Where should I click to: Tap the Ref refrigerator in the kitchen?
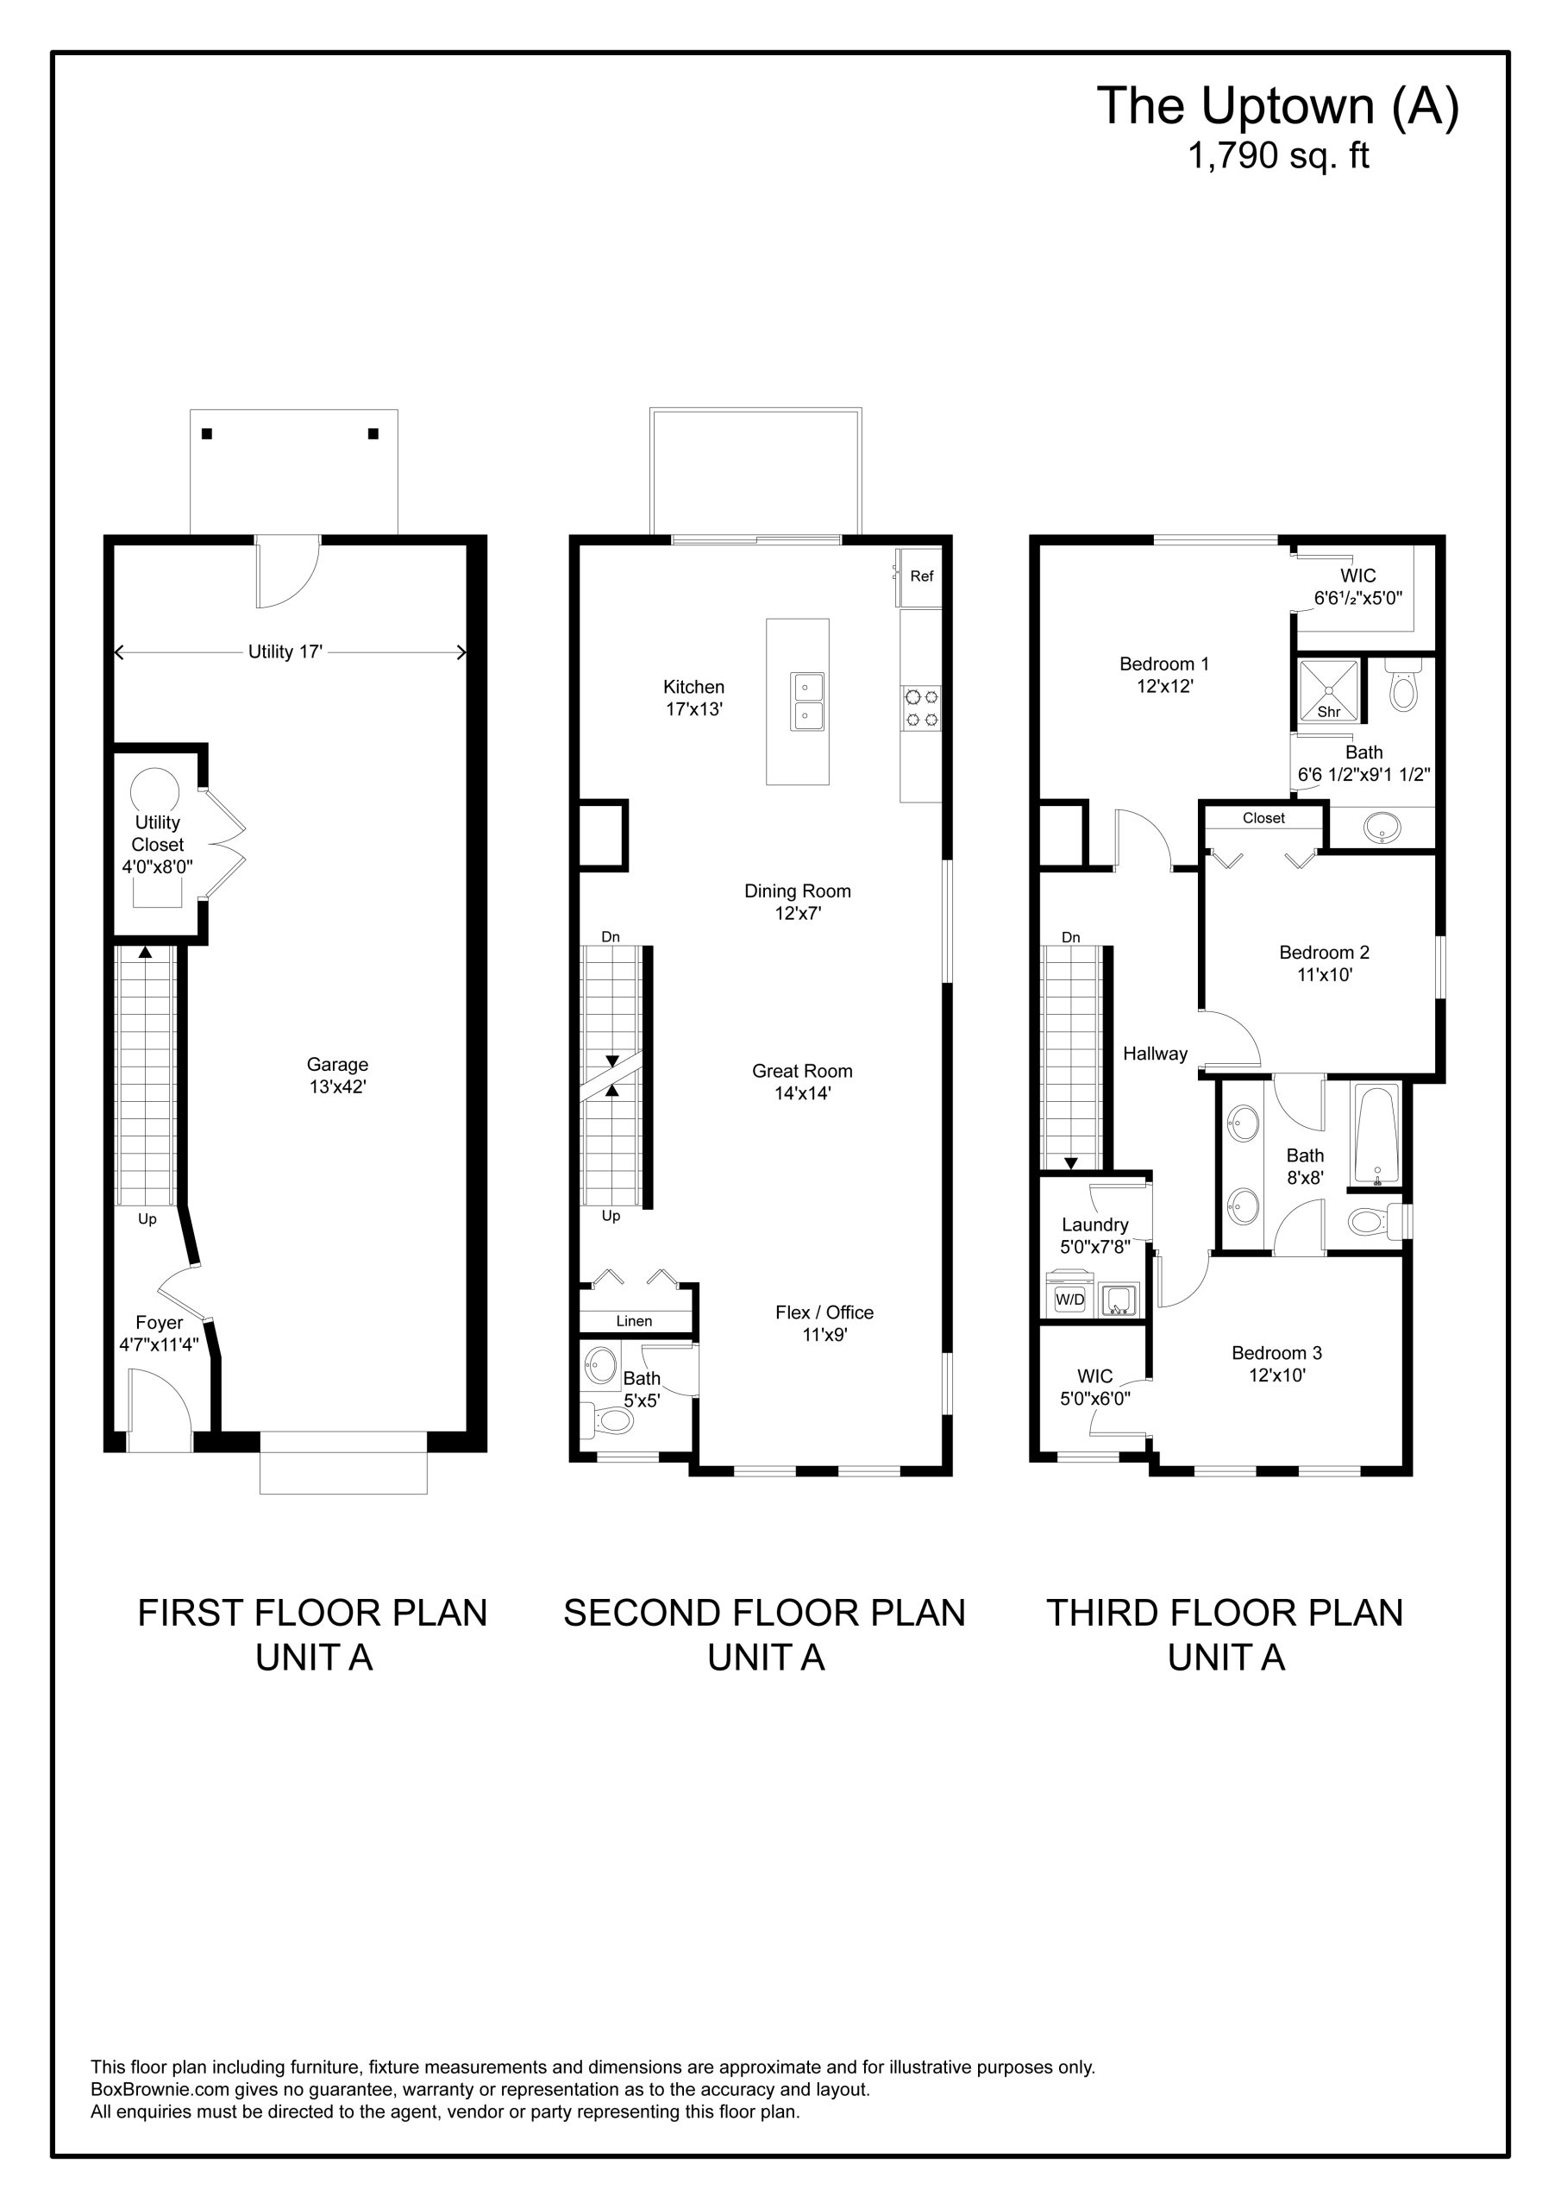[920, 577]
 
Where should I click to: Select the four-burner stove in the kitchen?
[921, 708]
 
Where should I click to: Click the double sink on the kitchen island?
[807, 702]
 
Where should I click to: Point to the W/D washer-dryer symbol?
[1069, 1299]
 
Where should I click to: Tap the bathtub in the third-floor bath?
[1376, 1135]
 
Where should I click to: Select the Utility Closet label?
[158, 834]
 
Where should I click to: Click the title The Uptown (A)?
[1277, 106]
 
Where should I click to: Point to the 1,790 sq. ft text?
[1278, 156]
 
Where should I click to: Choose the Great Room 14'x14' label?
[802, 1081]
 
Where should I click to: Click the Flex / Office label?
[824, 1312]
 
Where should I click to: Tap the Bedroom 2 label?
[1324, 953]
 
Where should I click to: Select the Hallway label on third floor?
[1155, 1054]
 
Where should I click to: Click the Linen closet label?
[634, 1321]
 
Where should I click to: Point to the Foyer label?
[159, 1323]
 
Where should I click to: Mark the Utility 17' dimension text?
[285, 651]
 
